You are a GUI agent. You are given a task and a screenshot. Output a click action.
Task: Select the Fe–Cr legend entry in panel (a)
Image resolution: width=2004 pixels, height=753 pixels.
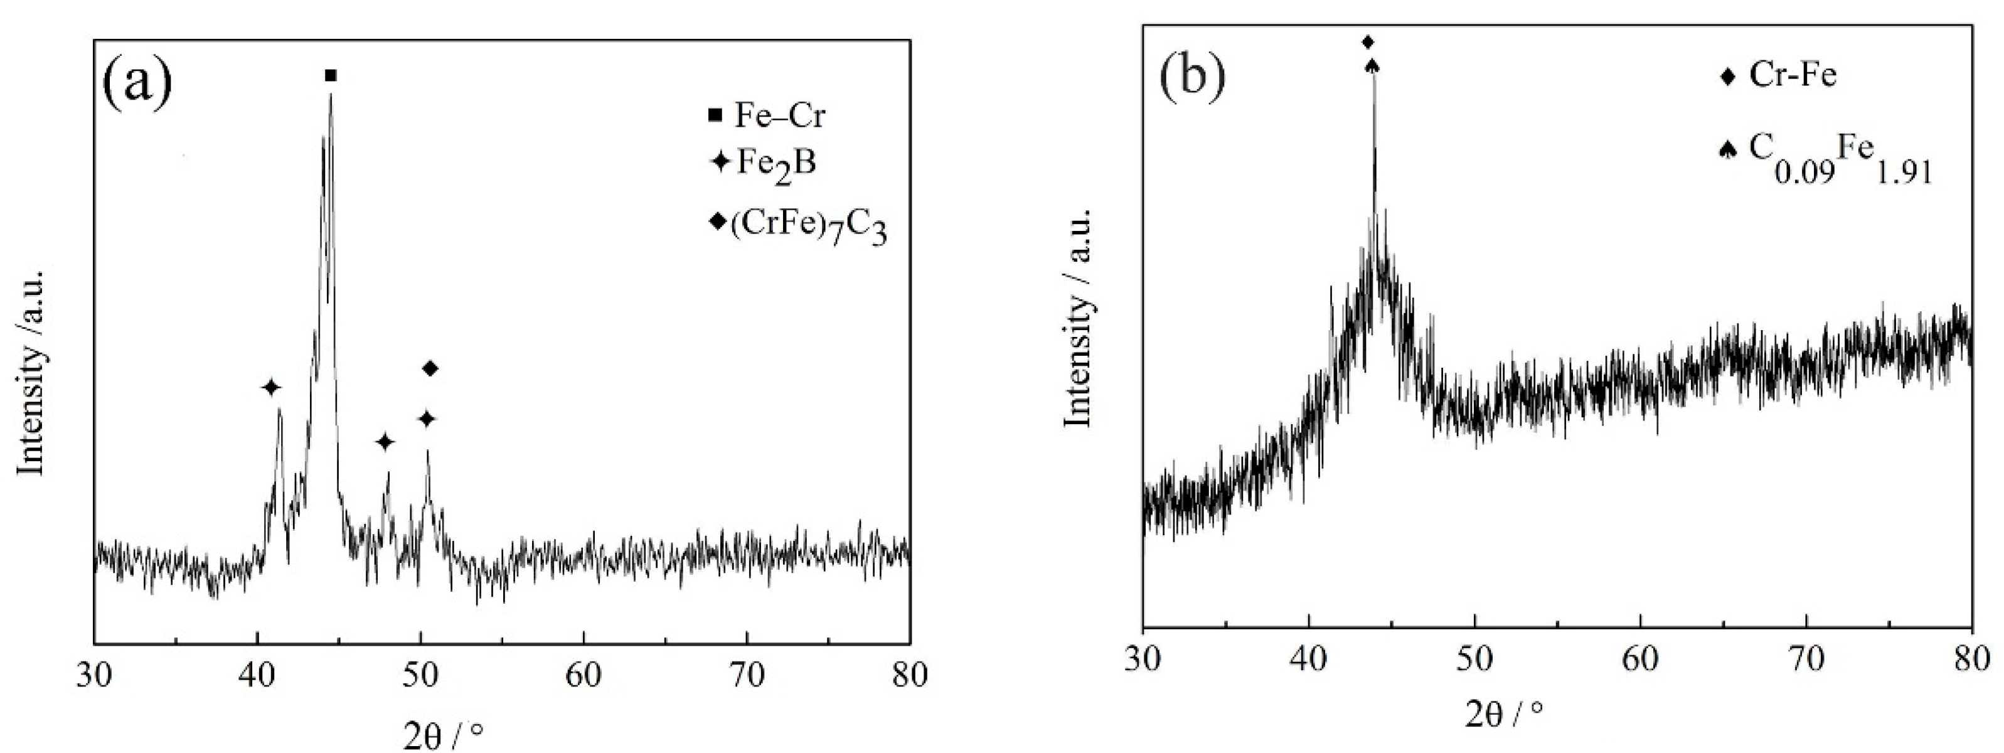pos(766,116)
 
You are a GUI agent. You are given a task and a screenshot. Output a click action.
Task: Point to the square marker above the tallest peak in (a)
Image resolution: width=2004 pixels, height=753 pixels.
pos(331,75)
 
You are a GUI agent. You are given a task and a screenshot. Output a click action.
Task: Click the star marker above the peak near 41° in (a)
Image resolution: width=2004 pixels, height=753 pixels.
pos(270,387)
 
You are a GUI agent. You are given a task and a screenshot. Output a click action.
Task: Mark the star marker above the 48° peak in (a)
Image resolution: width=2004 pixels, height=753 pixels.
pos(385,442)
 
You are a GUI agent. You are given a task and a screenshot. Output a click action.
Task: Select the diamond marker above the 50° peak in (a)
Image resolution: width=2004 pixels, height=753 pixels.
pos(430,368)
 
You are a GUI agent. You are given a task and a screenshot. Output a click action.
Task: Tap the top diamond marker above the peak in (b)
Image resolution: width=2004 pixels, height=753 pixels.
pos(1368,42)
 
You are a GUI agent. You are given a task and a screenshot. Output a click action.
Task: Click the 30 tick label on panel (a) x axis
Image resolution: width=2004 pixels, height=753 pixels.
pos(95,675)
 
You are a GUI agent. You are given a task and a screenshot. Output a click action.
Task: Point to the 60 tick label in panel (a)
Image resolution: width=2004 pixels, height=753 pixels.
pos(584,675)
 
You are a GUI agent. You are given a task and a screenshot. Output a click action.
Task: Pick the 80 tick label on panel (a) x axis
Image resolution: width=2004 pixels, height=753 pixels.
pos(909,675)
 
